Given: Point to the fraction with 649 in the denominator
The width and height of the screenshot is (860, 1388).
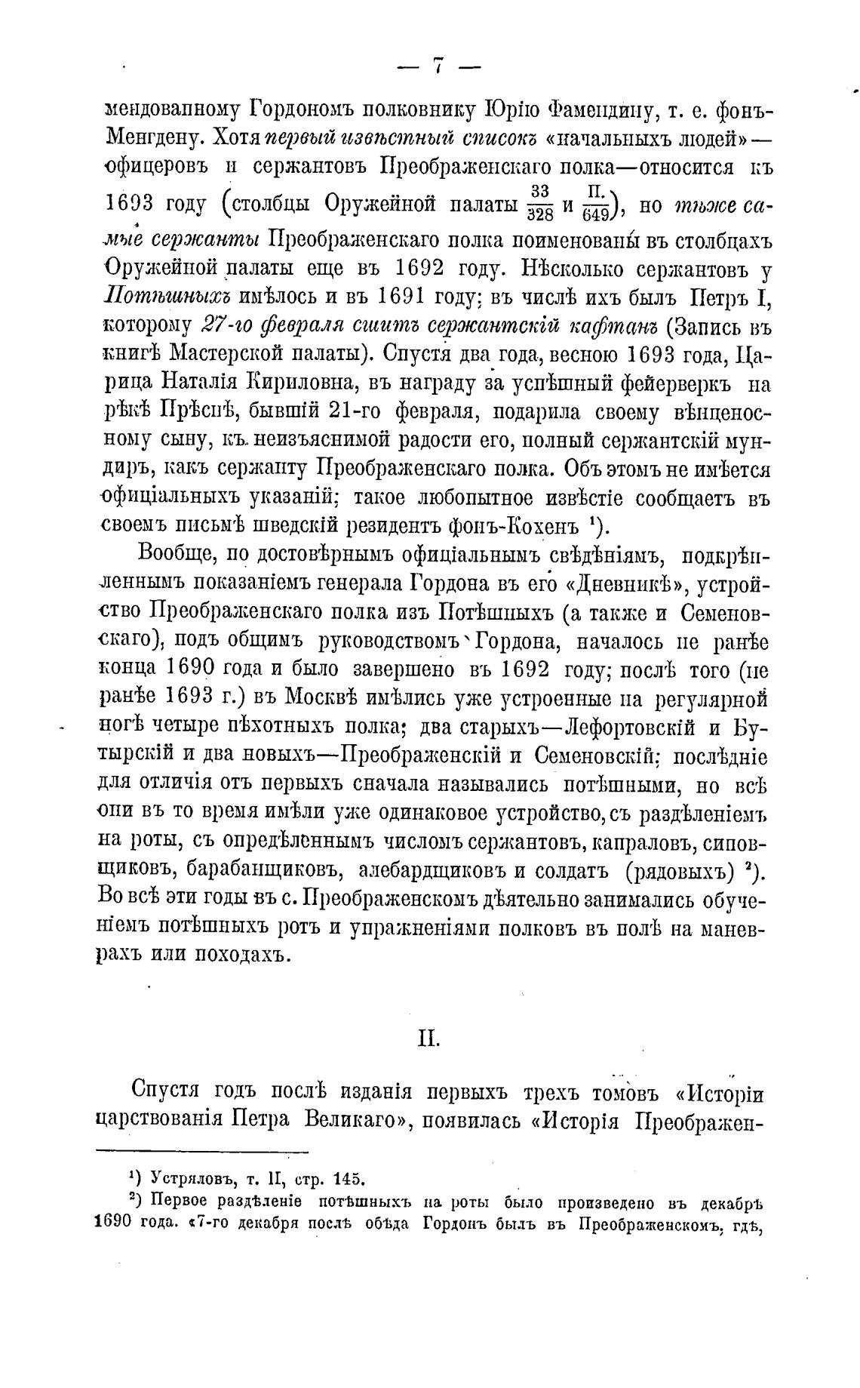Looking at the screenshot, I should click(x=596, y=203).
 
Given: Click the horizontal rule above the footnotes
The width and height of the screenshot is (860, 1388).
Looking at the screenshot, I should click(x=203, y=1151).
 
